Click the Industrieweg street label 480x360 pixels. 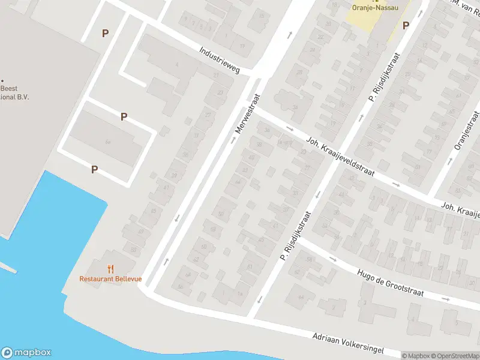click(220, 61)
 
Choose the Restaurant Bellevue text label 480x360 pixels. click(110, 278)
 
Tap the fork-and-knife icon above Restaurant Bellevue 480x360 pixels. click(110, 269)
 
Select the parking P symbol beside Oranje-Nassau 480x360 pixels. click(406, 25)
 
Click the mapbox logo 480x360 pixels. click(26, 352)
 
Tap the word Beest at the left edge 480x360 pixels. click(8, 88)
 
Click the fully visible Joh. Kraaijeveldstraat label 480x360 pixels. click(340, 155)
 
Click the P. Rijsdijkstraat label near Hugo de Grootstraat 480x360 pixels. click(295, 236)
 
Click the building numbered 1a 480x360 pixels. click(239, 293)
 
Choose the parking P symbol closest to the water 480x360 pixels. click(94, 170)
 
